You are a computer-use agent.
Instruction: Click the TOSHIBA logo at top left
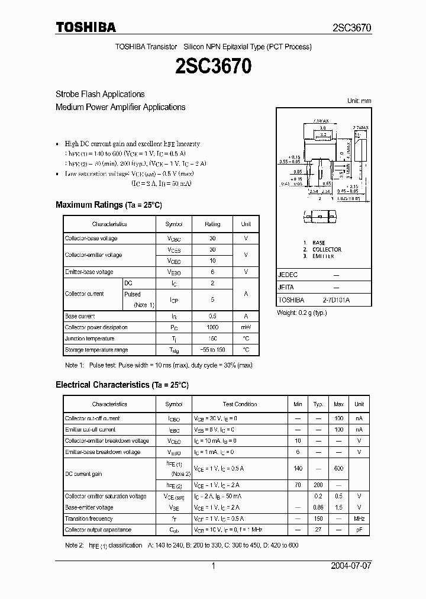(86, 27)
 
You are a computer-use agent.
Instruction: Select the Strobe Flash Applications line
(100, 94)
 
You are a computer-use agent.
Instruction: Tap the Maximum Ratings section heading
(108, 205)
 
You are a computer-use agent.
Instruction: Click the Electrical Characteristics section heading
(122, 385)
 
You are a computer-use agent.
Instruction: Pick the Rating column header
(212, 224)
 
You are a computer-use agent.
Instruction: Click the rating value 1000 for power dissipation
(212, 327)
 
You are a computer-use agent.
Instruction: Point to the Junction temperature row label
(89, 339)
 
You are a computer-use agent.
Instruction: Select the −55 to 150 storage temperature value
(212, 350)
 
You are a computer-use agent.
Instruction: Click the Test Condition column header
(240, 404)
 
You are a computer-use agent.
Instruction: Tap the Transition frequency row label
(89, 519)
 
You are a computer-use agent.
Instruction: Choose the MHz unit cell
(359, 519)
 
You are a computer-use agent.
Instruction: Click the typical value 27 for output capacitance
(318, 530)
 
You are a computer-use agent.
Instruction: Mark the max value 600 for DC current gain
(338, 468)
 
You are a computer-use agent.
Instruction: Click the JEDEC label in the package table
(288, 275)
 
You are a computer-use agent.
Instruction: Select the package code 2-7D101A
(336, 300)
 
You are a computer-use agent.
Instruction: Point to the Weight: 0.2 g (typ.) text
(302, 313)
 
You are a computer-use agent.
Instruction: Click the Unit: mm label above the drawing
(359, 101)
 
